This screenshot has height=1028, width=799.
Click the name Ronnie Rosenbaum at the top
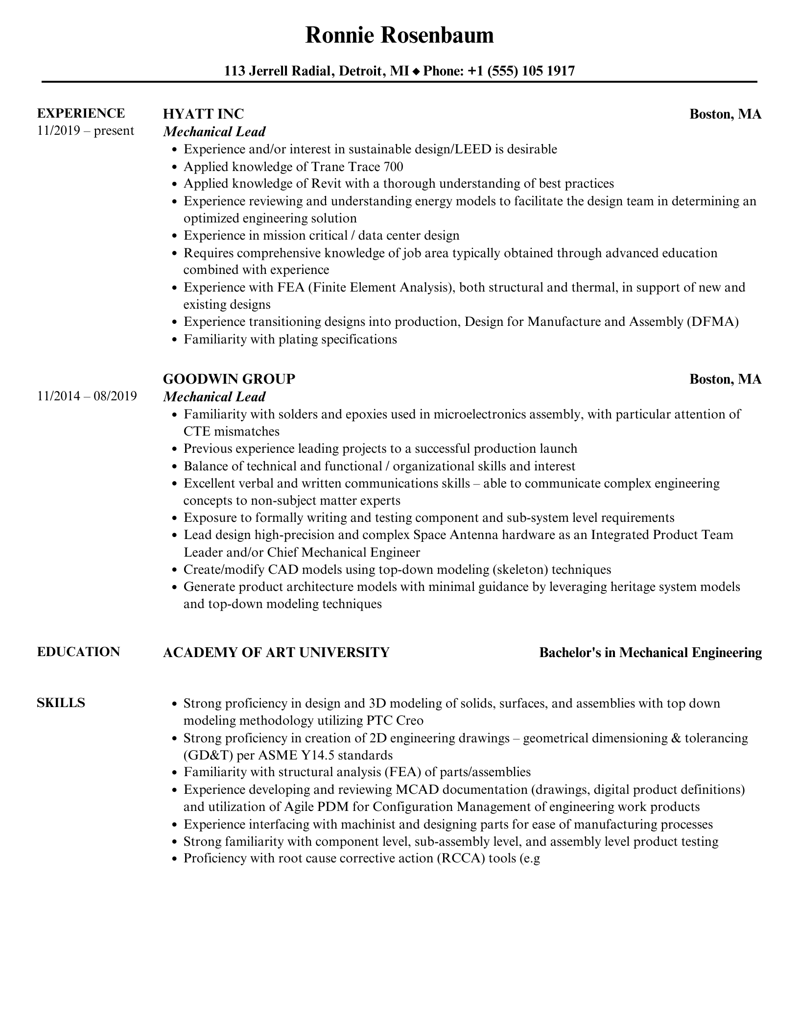click(x=399, y=35)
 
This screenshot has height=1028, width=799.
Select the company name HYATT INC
click(x=203, y=114)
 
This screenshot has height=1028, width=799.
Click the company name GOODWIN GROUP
click(x=229, y=379)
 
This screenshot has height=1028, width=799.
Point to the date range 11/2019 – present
click(x=86, y=131)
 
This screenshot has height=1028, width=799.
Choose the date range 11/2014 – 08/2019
click(x=87, y=396)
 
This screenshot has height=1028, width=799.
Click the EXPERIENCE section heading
click(x=81, y=113)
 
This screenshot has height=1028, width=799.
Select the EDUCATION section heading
click(x=78, y=652)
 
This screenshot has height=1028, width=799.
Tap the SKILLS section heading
click(x=61, y=703)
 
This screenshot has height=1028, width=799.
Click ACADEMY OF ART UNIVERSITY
click(x=276, y=652)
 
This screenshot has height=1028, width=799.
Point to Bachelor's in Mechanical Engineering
click(x=650, y=652)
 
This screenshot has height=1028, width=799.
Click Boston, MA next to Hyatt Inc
click(x=725, y=114)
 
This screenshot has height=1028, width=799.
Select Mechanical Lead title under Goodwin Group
click(x=214, y=396)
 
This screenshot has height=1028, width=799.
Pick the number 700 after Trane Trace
click(x=394, y=167)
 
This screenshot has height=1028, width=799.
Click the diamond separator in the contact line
click(x=416, y=72)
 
